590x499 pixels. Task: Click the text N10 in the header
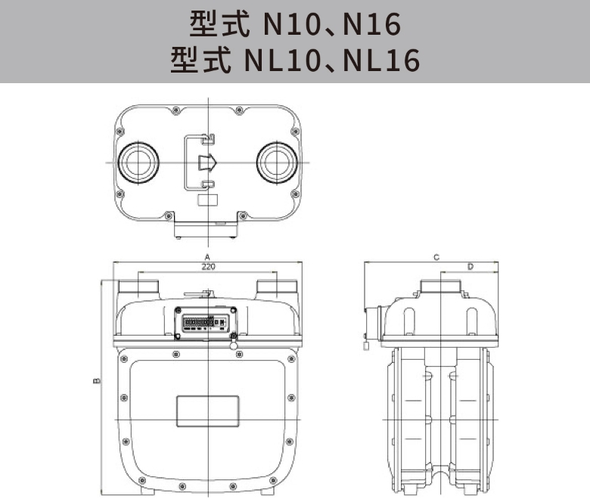(291, 26)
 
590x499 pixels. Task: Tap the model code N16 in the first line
(371, 26)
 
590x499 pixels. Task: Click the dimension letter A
(207, 257)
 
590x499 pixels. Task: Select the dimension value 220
(207, 267)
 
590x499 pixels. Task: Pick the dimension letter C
(436, 257)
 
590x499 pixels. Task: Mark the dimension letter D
(470, 267)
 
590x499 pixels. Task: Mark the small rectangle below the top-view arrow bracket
(206, 201)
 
